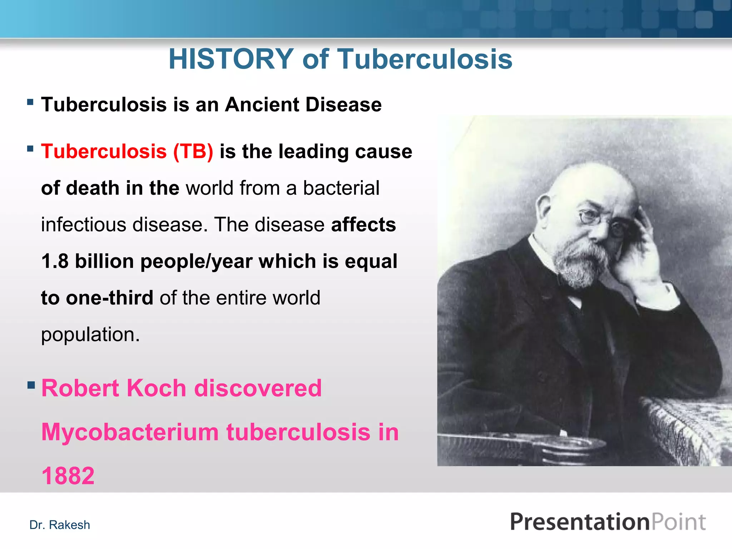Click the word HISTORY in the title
pyautogui.click(x=231, y=59)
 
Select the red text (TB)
pyautogui.click(x=193, y=151)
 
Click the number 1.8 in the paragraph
pyautogui.click(x=55, y=261)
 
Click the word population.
pyautogui.click(x=89, y=335)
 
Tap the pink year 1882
pyautogui.click(x=68, y=476)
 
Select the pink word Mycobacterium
pyautogui.click(x=130, y=432)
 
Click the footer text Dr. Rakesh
pyautogui.click(x=60, y=525)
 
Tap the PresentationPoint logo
pyautogui.click(x=608, y=522)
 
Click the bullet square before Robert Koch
pyautogui.click(x=31, y=385)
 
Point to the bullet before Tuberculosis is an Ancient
pyautogui.click(x=30, y=103)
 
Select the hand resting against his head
pyautogui.click(x=640, y=250)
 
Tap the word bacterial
pyautogui.click(x=341, y=188)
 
